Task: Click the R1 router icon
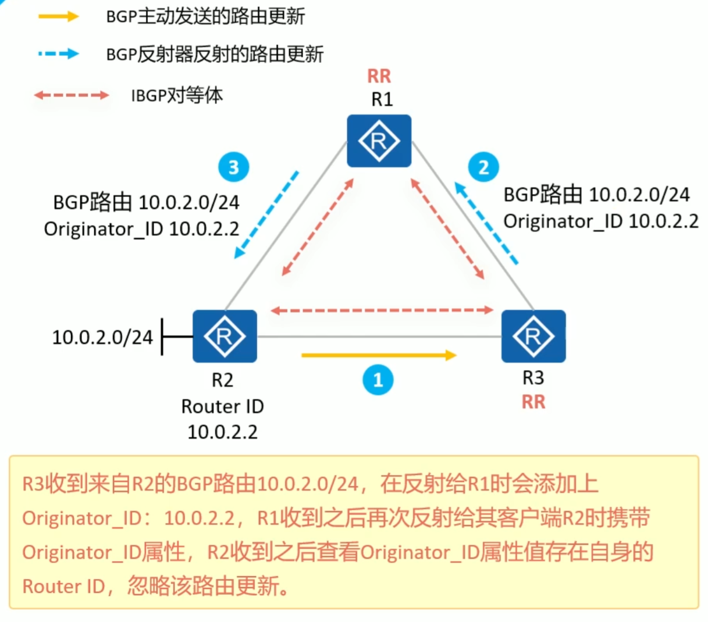click(x=379, y=141)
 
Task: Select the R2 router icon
click(x=225, y=336)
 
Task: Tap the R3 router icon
click(x=533, y=336)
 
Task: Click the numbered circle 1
click(x=378, y=380)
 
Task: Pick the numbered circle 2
click(x=483, y=167)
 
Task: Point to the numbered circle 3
click(x=233, y=167)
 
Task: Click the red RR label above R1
click(x=379, y=76)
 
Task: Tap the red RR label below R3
click(x=533, y=402)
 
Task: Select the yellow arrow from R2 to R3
click(x=379, y=355)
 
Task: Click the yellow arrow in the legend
click(x=58, y=16)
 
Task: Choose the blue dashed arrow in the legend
click(x=58, y=54)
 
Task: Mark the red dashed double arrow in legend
click(x=71, y=95)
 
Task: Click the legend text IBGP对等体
click(x=176, y=95)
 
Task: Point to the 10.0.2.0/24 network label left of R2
click(x=102, y=337)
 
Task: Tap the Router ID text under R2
click(x=222, y=406)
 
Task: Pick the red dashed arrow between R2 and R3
click(x=382, y=310)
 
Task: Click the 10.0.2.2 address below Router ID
click(x=222, y=432)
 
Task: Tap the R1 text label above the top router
click(x=382, y=99)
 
